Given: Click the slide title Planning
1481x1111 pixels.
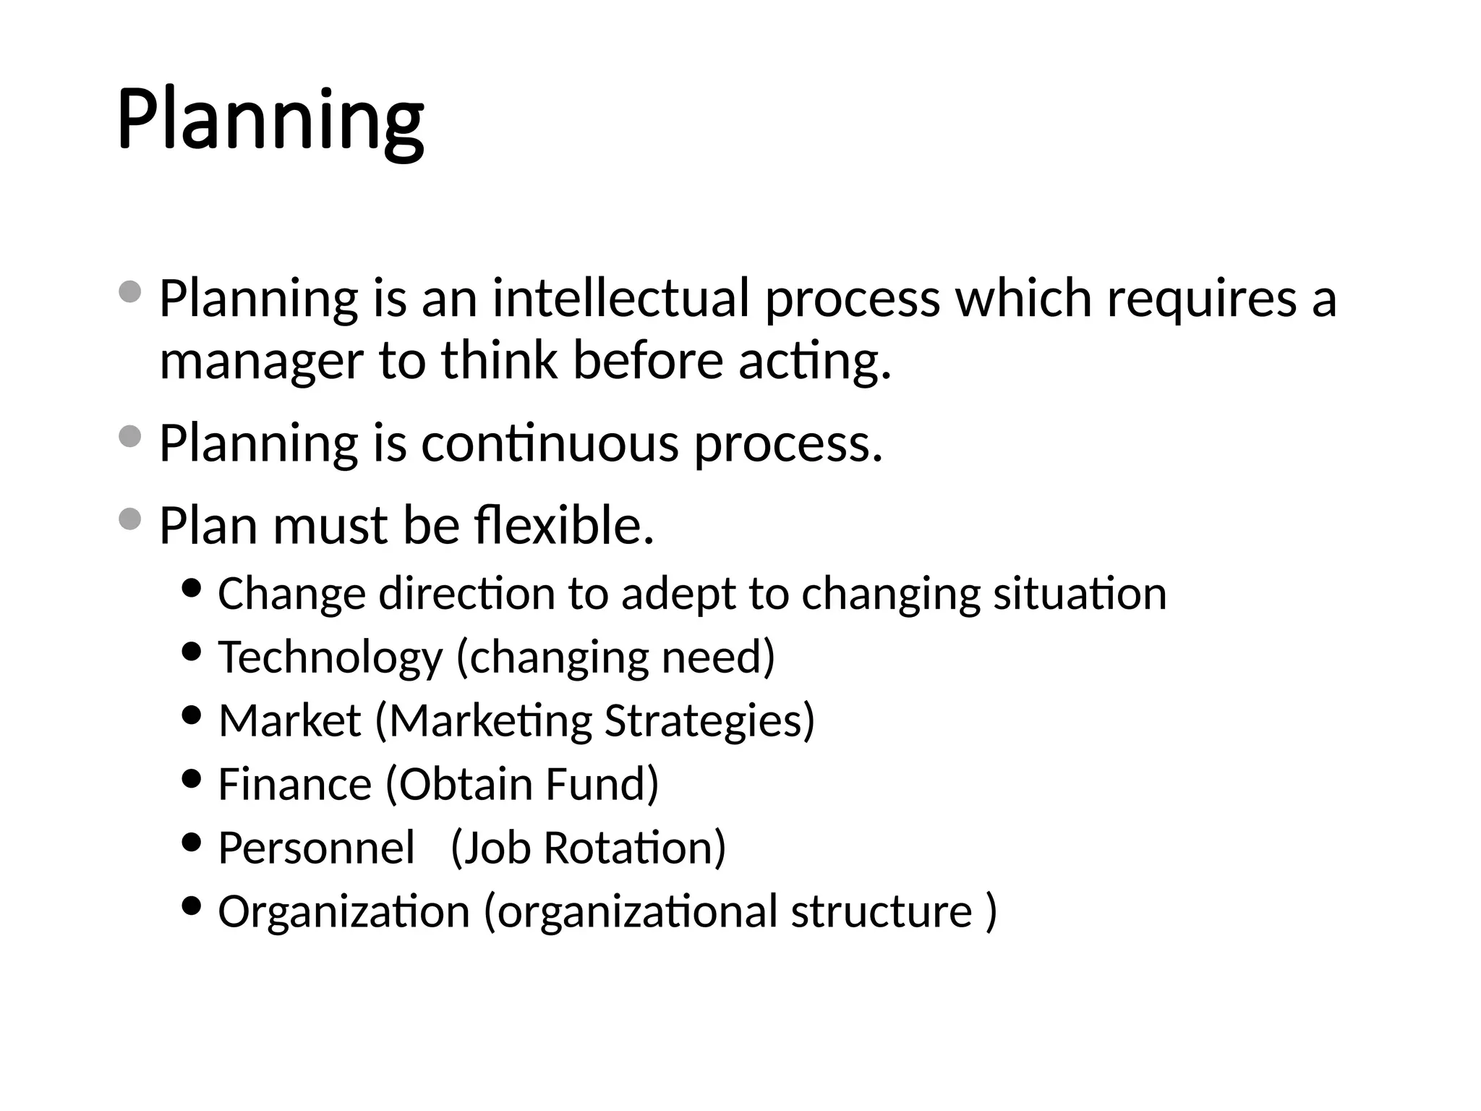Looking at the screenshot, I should click(x=270, y=119).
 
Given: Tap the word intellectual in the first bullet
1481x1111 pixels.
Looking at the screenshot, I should click(x=620, y=299).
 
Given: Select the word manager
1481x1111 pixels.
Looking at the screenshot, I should click(x=260, y=362).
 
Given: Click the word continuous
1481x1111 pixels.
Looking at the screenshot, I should click(x=550, y=443).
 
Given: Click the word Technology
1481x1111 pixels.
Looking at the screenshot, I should click(x=330, y=657).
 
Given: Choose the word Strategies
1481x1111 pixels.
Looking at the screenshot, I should click(x=709, y=721).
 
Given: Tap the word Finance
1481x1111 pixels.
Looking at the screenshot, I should click(x=294, y=784).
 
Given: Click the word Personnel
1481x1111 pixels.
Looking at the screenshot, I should click(x=317, y=848).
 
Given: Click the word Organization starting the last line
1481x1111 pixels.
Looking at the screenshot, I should click(x=344, y=911).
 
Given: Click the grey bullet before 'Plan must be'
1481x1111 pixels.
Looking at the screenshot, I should click(x=129, y=519).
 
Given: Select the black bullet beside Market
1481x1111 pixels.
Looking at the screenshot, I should click(x=192, y=715).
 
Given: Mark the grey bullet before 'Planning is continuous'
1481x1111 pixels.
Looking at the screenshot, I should click(x=129, y=436).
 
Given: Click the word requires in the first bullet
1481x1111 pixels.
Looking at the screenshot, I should click(x=1201, y=299).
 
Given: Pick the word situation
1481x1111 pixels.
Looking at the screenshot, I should click(x=1080, y=595).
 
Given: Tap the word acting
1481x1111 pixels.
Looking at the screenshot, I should click(x=814, y=362).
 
